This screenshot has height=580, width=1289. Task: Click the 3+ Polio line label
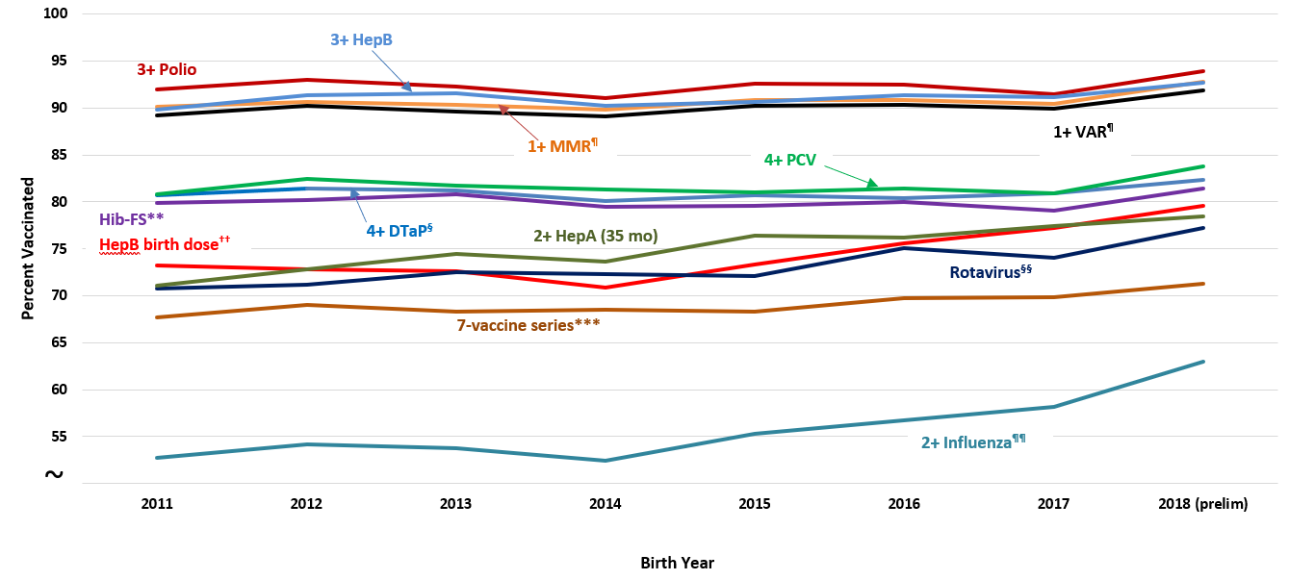167,69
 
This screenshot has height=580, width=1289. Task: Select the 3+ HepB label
361,39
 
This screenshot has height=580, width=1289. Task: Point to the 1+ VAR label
1083,132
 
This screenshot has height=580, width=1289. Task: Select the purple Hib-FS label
132,218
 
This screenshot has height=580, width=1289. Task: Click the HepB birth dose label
165,244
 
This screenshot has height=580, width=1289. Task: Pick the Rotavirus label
991,272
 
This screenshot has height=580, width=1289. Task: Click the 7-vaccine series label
528,325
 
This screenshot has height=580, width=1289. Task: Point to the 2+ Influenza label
973,441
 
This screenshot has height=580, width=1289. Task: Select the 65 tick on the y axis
57,342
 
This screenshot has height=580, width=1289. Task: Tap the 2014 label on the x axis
606,504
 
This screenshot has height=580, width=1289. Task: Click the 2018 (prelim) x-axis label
1202,504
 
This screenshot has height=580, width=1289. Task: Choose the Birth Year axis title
677,563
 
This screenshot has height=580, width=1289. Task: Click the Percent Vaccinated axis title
28,248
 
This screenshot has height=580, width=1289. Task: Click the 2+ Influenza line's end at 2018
1203,362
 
